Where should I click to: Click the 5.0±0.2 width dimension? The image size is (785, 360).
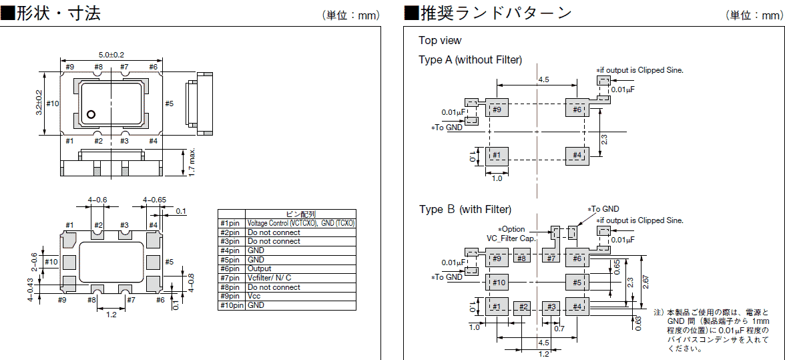click(111, 55)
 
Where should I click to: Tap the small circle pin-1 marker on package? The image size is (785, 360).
click(91, 114)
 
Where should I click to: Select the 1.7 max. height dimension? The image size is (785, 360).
click(192, 162)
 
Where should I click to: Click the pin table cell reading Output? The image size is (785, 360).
click(260, 268)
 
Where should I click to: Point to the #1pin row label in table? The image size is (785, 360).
click(232, 223)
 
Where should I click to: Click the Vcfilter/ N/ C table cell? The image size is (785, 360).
click(270, 278)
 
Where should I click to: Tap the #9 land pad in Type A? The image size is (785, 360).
click(497, 110)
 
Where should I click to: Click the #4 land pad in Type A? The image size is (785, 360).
click(577, 156)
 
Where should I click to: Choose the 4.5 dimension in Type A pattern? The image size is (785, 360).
click(543, 79)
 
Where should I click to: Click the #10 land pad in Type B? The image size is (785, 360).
click(498, 283)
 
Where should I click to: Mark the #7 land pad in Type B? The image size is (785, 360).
click(551, 258)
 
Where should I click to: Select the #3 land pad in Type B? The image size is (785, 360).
click(551, 307)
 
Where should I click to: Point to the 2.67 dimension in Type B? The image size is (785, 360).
click(644, 282)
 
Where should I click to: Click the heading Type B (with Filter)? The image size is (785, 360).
click(465, 209)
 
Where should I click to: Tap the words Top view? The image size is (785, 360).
click(440, 41)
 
